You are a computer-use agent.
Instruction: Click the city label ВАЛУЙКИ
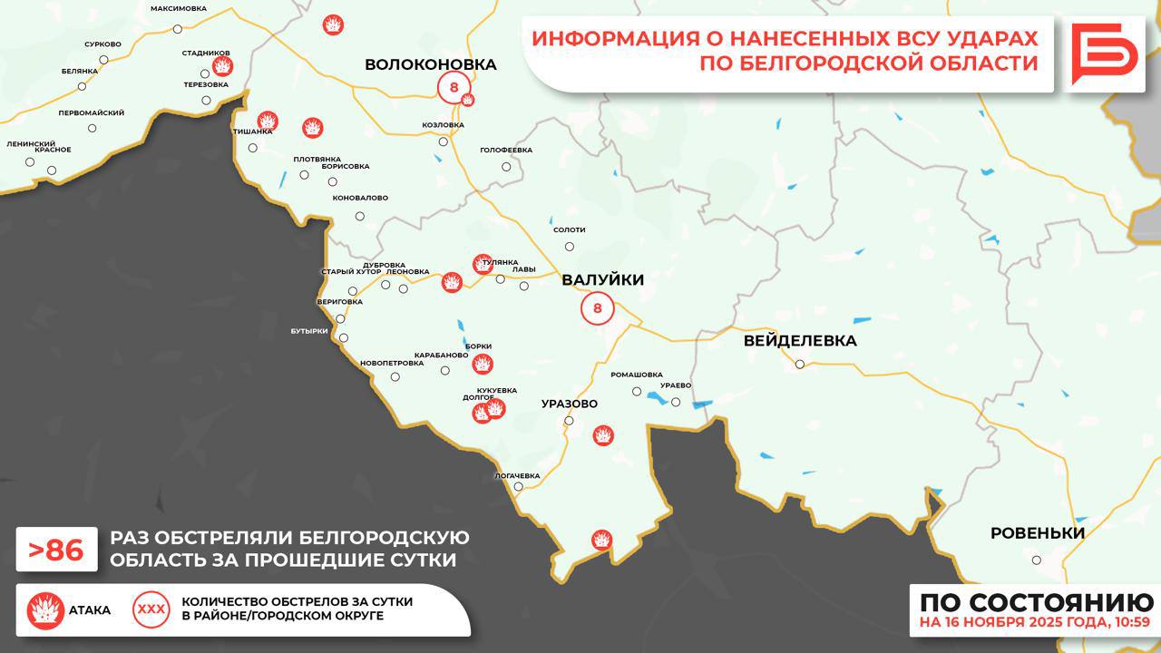coord(602,280)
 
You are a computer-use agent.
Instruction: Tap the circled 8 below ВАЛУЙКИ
coord(597,308)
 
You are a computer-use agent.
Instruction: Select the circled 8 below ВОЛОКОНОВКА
coord(454,88)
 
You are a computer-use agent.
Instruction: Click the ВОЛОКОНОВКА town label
coord(431,64)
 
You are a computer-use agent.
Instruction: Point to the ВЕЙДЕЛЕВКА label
coord(799,341)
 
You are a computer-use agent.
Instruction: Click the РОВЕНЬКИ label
coord(1037,533)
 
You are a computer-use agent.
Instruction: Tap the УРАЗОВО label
coord(569,403)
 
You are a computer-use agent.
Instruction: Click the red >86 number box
coord(56,551)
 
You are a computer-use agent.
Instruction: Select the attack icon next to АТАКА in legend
coord(44,610)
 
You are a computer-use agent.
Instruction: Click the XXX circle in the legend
coord(151,609)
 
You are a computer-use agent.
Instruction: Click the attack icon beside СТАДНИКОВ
coord(222,66)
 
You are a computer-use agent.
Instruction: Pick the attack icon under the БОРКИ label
coord(483,364)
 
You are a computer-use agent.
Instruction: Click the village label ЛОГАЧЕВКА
coord(517,475)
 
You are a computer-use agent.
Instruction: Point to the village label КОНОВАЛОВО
coord(360,198)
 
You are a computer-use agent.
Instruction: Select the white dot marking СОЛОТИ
coord(570,246)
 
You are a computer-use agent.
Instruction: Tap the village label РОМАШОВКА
coord(637,375)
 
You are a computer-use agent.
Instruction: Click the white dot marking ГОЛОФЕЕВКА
coord(506,166)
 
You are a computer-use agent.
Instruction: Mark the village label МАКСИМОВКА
coord(179,8)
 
